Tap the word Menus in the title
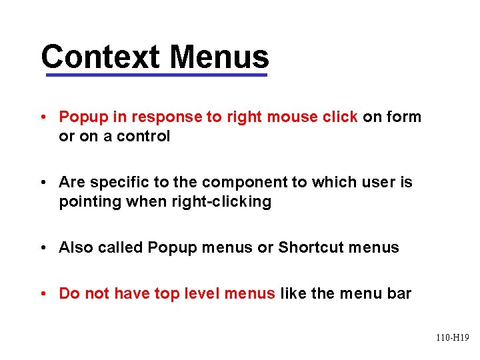click(219, 57)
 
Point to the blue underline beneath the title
click(156, 75)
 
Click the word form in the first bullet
click(405, 117)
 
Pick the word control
click(144, 136)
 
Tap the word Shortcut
click(308, 247)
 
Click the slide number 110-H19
click(453, 338)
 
